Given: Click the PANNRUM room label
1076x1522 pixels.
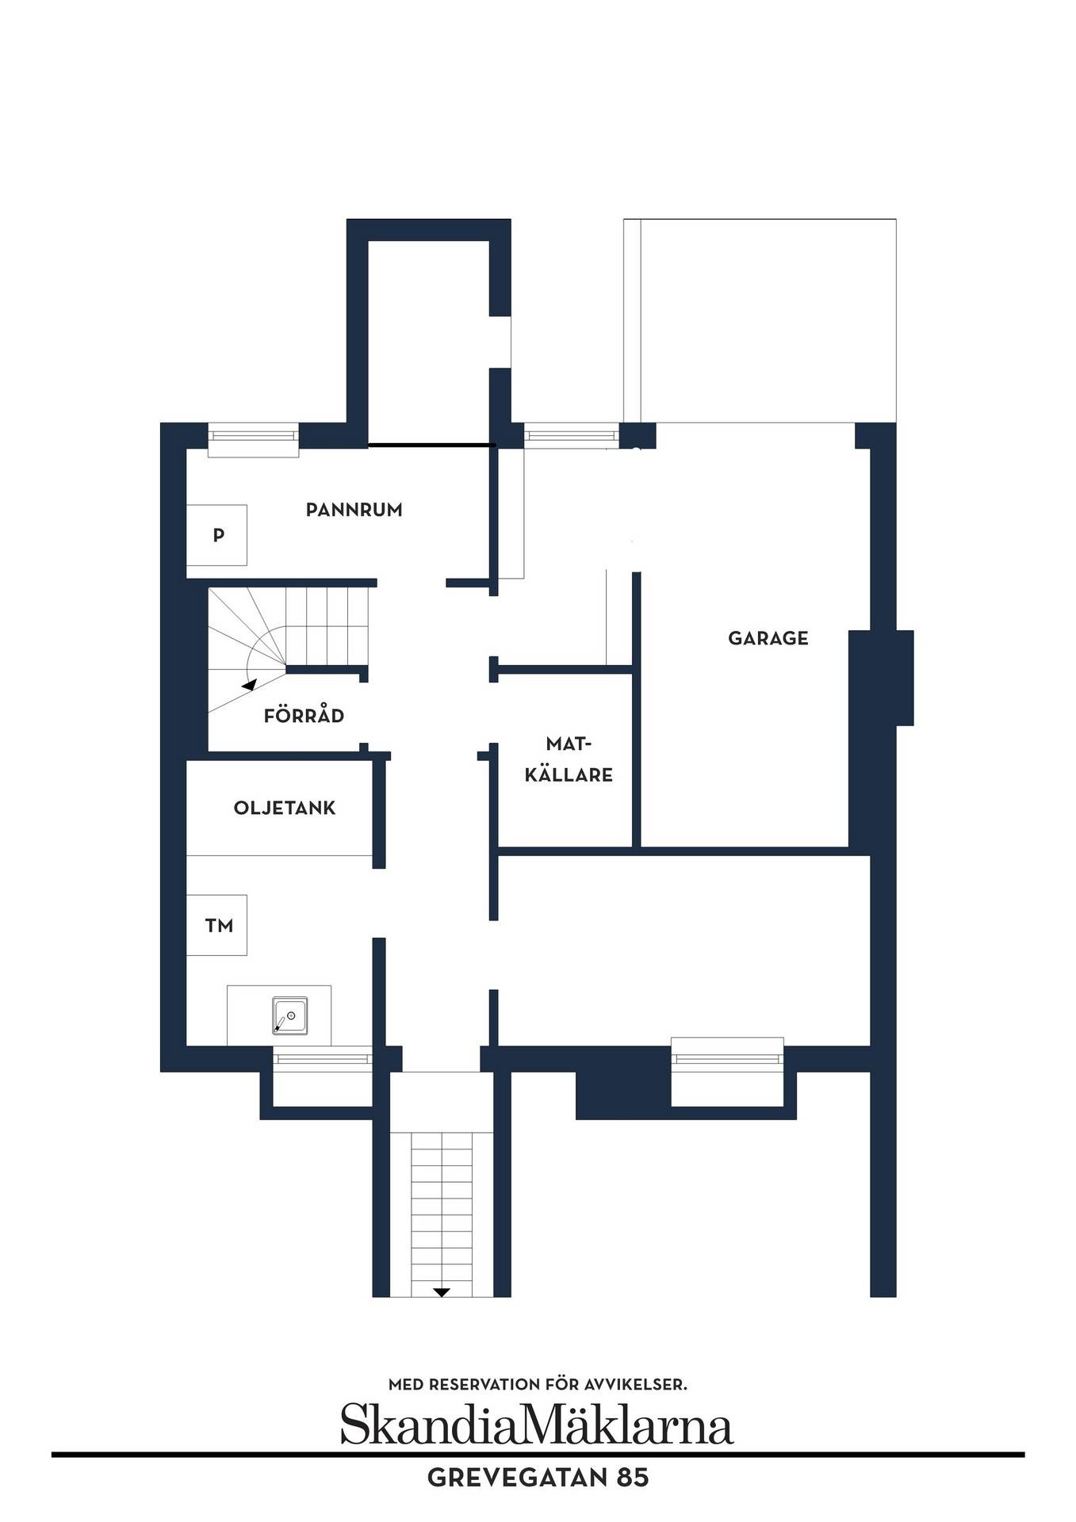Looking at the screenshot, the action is pyautogui.click(x=354, y=510).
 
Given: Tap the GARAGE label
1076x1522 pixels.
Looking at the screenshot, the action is pyautogui.click(x=768, y=638).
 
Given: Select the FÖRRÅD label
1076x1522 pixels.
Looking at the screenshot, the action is pyautogui.click(x=304, y=716).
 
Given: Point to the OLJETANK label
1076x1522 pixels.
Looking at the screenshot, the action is pyautogui.click(x=285, y=809).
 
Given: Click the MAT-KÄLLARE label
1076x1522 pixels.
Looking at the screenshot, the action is pyautogui.click(x=569, y=759).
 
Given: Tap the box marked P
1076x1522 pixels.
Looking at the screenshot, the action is pyautogui.click(x=216, y=535).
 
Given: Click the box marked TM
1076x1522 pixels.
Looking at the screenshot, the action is pyautogui.click(x=216, y=925).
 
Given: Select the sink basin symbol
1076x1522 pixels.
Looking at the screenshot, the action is pyautogui.click(x=289, y=1016).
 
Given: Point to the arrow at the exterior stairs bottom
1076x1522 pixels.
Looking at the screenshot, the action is pyautogui.click(x=442, y=1314).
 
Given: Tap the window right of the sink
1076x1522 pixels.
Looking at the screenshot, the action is pyautogui.click(x=323, y=1057).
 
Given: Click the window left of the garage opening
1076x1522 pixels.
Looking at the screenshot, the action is pyautogui.click(x=571, y=435).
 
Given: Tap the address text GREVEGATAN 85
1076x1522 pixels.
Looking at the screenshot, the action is pyautogui.click(x=538, y=1478).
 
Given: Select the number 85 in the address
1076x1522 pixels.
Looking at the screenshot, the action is pyautogui.click(x=636, y=1478).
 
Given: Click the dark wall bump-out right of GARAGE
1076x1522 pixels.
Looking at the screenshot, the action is pyautogui.click(x=904, y=678).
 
